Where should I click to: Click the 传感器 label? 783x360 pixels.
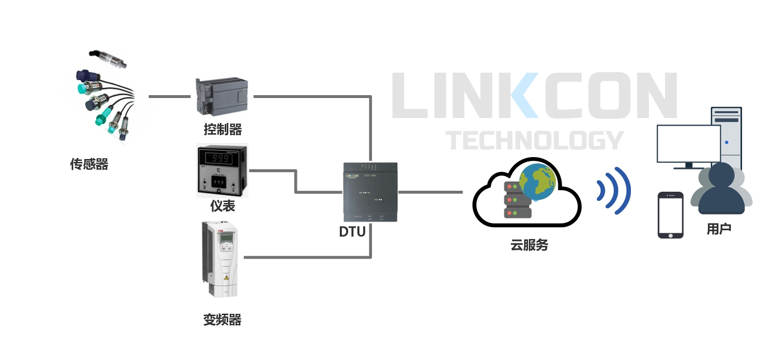pyautogui.click(x=89, y=164)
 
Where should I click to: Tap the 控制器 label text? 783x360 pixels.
pyautogui.click(x=223, y=129)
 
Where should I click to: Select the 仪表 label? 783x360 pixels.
pyautogui.click(x=223, y=206)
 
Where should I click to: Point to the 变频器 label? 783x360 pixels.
pyautogui.click(x=222, y=320)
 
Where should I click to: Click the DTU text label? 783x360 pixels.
pyautogui.click(x=352, y=232)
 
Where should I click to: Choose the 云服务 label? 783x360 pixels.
pyautogui.click(x=529, y=245)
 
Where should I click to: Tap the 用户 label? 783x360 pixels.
pyautogui.click(x=719, y=229)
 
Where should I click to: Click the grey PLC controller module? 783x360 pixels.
pyautogui.click(x=222, y=96)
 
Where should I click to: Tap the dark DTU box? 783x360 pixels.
pyautogui.click(x=371, y=192)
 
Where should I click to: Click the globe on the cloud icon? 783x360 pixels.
pyautogui.click(x=537, y=181)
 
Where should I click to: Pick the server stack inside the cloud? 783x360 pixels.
pyautogui.click(x=516, y=200)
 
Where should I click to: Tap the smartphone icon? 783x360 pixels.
pyautogui.click(x=670, y=215)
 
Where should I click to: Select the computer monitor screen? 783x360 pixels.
pyautogui.click(x=688, y=144)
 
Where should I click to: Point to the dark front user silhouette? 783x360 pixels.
pyautogui.click(x=722, y=190)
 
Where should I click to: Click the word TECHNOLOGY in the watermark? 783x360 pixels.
pyautogui.click(x=534, y=140)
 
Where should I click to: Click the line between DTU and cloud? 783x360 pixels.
pyautogui.click(x=430, y=192)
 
